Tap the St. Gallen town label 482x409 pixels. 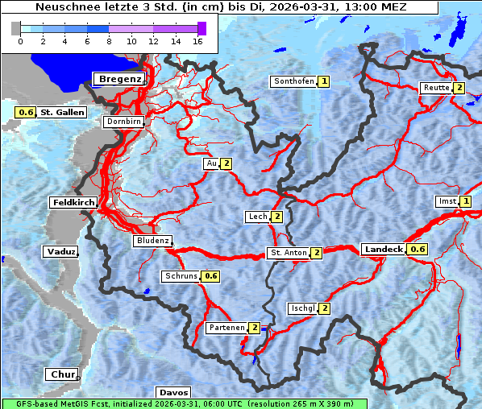[62, 113]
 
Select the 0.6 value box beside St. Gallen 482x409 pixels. [26, 113]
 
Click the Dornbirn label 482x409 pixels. [124, 122]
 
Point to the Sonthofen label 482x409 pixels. [293, 81]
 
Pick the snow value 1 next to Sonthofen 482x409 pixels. [323, 81]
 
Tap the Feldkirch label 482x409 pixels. [73, 202]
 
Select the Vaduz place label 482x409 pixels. [61, 252]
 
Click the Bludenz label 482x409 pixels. [152, 241]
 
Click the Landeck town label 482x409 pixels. [384, 250]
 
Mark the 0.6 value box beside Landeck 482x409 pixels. [418, 250]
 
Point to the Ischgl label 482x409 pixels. [303, 308]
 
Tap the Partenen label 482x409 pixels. [226, 328]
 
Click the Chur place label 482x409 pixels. [62, 374]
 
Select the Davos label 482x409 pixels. [173, 392]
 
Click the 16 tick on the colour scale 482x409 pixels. [197, 40]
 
